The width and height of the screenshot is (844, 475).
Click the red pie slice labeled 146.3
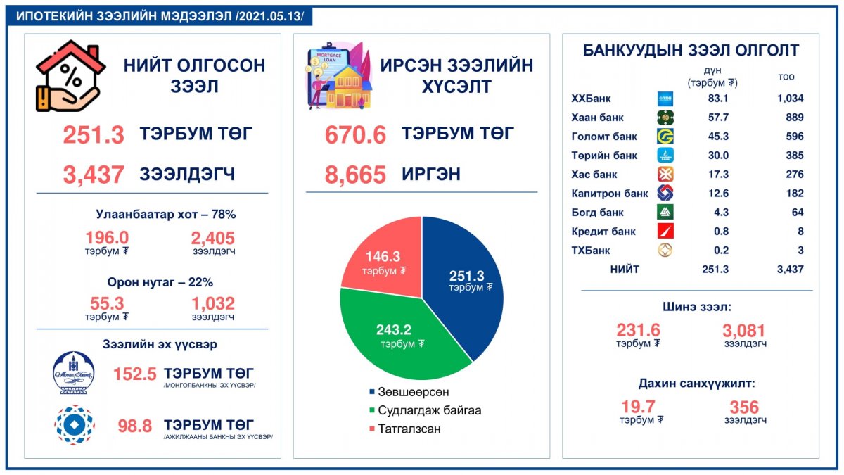point(381,258)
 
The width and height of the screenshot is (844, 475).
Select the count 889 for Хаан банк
point(791,118)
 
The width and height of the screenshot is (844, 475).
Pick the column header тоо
point(786,77)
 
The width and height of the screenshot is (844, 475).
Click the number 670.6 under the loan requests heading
point(355,134)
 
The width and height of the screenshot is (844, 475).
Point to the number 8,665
point(355,174)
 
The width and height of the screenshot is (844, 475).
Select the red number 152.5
point(134,374)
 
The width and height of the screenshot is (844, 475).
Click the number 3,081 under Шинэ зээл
point(743,330)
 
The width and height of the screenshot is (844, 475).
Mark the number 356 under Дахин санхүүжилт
point(744,407)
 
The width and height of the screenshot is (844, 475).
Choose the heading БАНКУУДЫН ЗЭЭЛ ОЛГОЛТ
point(691,51)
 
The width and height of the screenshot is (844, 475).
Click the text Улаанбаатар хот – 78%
point(165,215)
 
